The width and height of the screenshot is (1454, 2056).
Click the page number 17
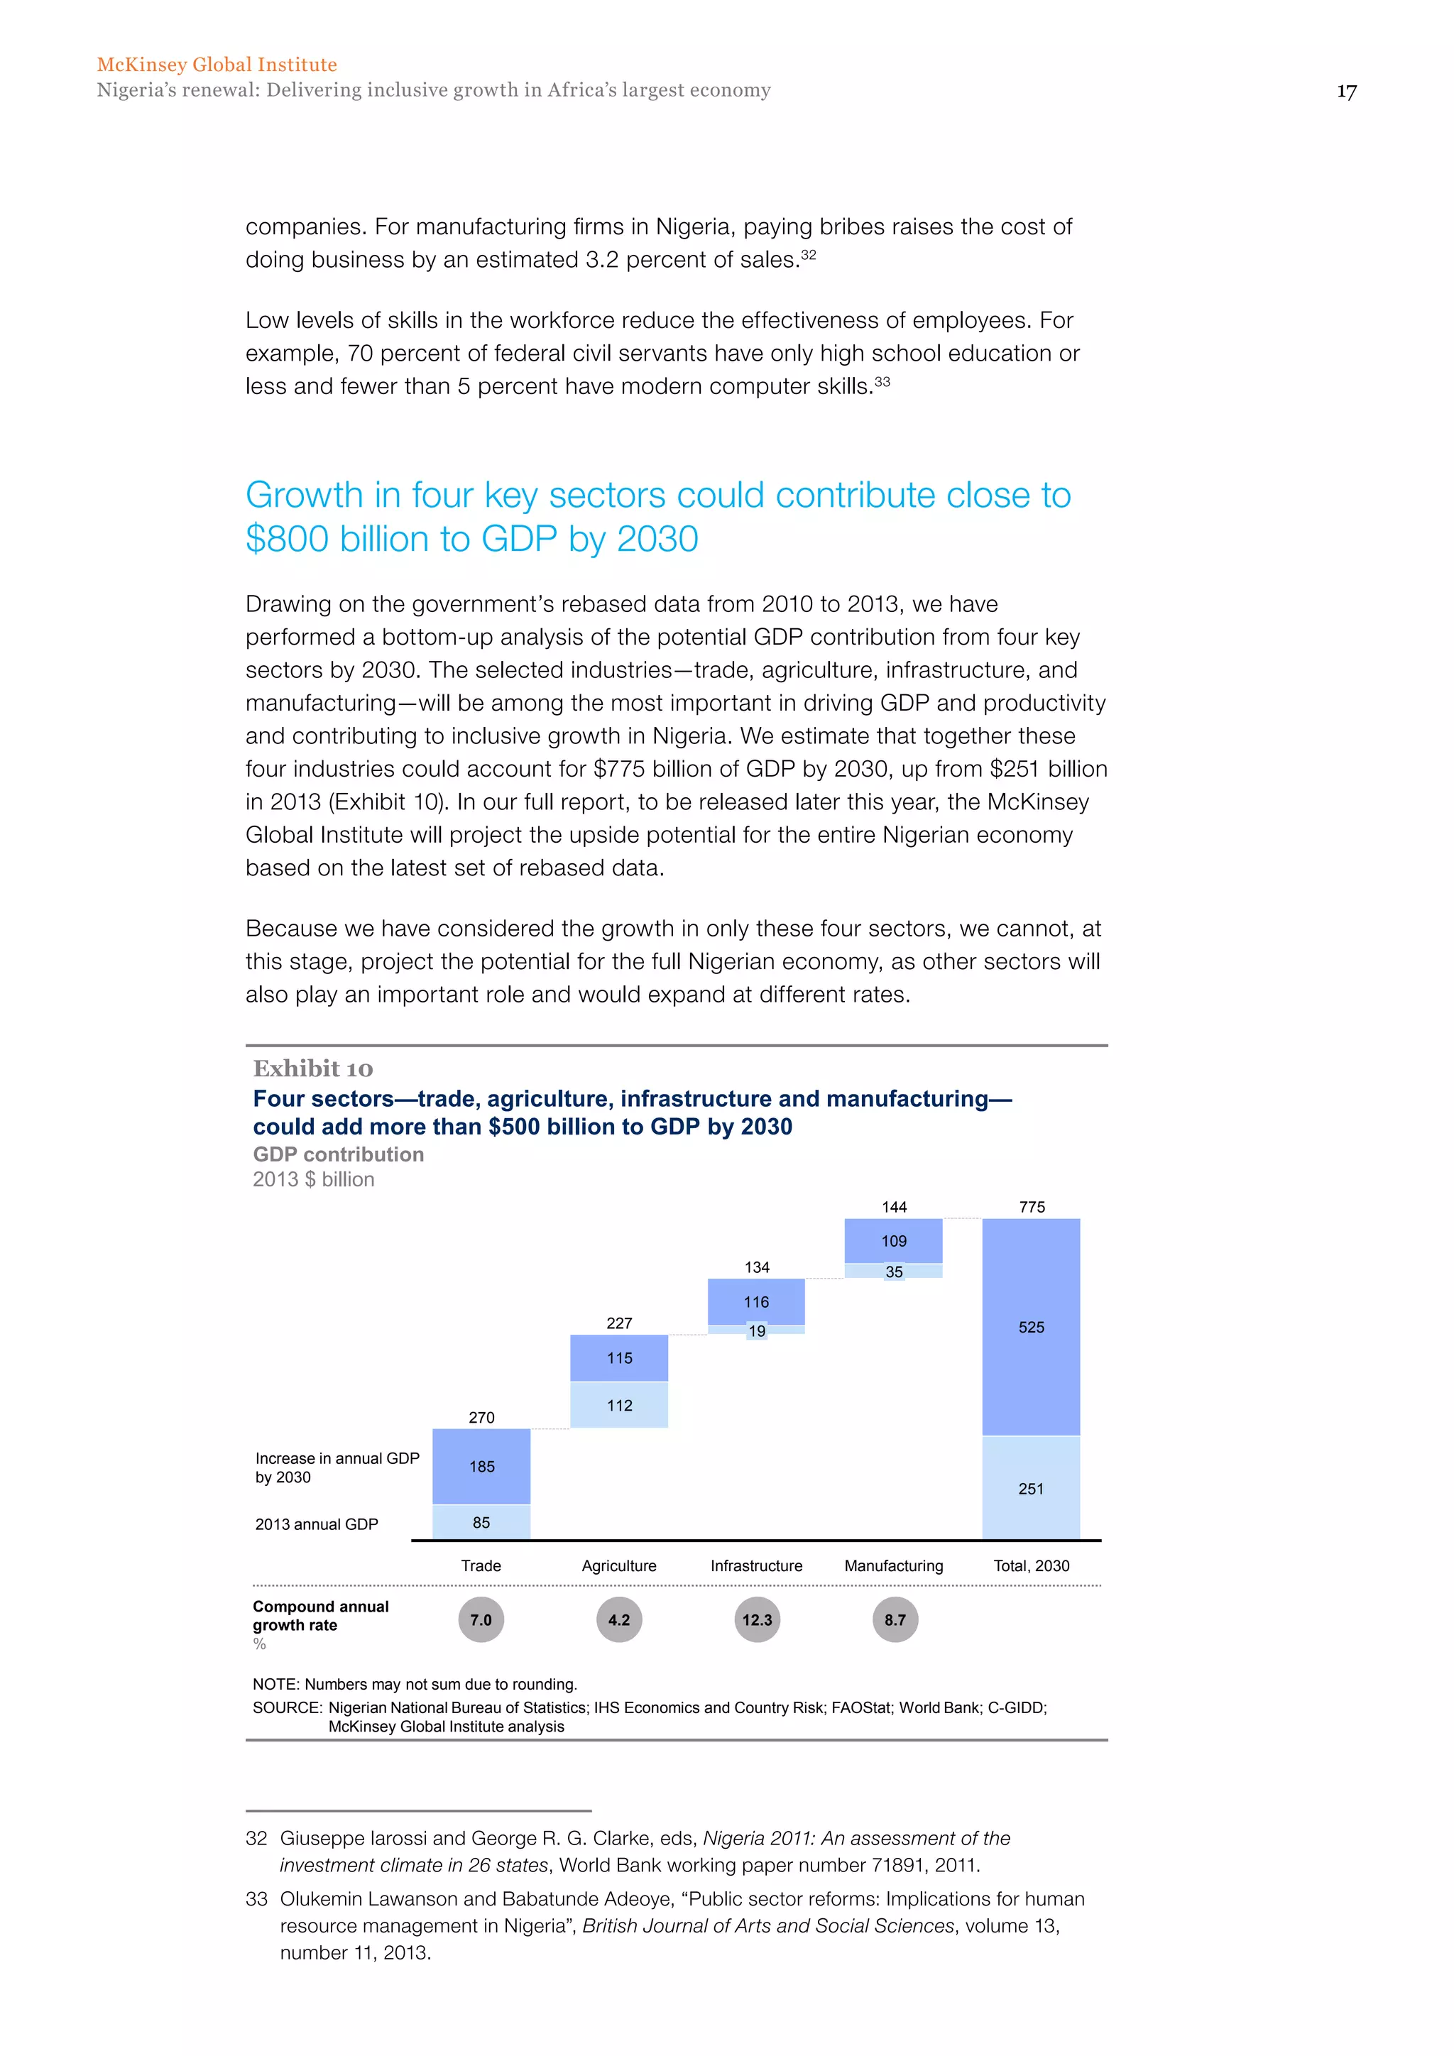click(1345, 92)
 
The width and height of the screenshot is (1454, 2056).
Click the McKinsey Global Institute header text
click(217, 65)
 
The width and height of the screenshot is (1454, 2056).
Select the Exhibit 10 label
click(312, 1068)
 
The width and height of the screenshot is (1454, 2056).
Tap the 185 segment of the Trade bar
click(481, 1466)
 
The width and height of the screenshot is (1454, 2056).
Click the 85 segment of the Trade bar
click(481, 1522)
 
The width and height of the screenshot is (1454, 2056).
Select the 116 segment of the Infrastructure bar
click(757, 1301)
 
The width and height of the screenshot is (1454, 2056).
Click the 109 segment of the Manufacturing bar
click(894, 1240)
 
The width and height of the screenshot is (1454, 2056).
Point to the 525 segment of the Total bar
click(1032, 1327)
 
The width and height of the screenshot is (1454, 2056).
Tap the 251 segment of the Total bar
click(1032, 1488)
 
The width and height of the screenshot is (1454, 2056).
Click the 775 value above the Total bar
click(1032, 1206)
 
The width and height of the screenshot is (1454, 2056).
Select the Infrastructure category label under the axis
click(757, 1565)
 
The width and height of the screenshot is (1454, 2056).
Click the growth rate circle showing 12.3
click(758, 1620)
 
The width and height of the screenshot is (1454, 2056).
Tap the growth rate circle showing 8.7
click(895, 1620)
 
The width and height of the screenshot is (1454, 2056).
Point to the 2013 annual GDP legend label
click(317, 1524)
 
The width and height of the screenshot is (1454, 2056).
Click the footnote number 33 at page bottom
click(256, 1898)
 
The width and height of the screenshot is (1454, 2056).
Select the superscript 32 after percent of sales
click(809, 255)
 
